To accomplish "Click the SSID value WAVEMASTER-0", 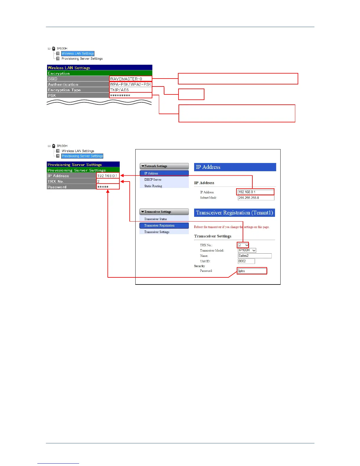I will click(131, 79).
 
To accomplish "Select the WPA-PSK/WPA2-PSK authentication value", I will click(131, 84).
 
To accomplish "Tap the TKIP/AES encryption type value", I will click(131, 90).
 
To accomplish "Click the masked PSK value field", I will click(131, 95).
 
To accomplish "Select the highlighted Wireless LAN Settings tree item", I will click(78, 54).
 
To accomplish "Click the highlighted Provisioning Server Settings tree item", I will click(82, 156).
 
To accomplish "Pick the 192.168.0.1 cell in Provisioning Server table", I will click(108, 176).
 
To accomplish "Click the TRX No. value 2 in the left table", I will click(108, 181).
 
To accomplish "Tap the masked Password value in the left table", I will click(108, 187).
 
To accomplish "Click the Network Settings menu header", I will click(164, 166).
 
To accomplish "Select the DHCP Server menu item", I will click(153, 179).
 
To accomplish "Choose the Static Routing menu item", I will click(153, 186).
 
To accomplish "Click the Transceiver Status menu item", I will click(156, 219).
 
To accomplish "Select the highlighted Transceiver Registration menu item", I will click(164, 226).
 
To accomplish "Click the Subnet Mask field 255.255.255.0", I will click(256, 198).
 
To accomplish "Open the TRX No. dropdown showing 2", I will click(243, 245).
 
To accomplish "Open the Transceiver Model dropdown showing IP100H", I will click(247, 250).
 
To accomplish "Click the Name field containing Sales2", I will click(254, 256).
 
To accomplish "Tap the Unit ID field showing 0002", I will click(246, 261).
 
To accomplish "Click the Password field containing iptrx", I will click(252, 271).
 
